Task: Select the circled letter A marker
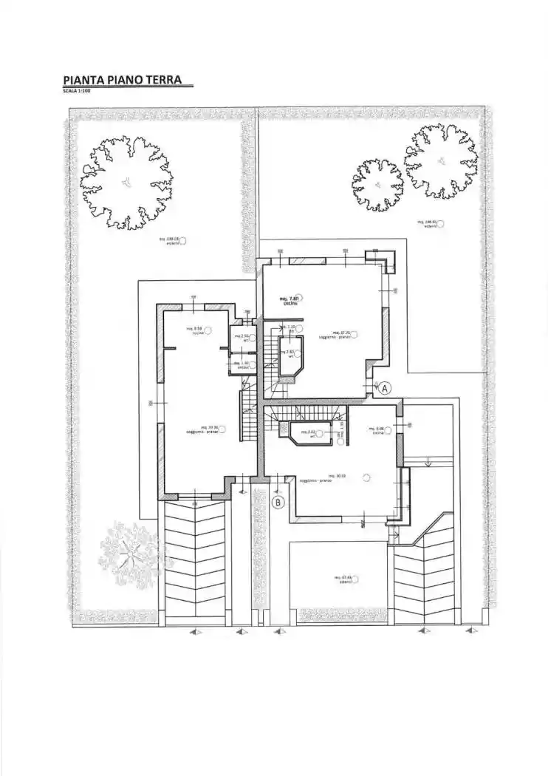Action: pyautogui.click(x=385, y=387)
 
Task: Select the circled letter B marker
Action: pyautogui.click(x=278, y=503)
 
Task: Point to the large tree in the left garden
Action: pyautogui.click(x=127, y=182)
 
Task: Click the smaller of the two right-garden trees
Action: pyautogui.click(x=378, y=185)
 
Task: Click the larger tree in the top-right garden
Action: pyautogui.click(x=441, y=161)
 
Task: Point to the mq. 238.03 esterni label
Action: pyautogui.click(x=171, y=240)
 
